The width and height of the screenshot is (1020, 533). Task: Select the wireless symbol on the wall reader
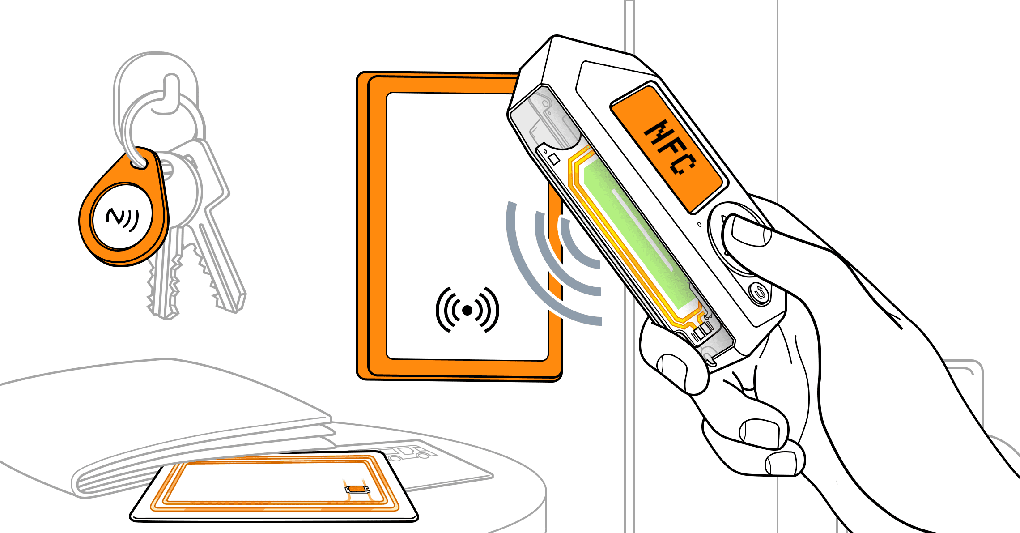(467, 310)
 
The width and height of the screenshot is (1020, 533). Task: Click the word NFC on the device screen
(670, 147)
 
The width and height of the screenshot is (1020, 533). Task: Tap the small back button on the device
(759, 294)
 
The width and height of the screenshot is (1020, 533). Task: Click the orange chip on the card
(357, 489)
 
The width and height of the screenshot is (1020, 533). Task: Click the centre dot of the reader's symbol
(467, 310)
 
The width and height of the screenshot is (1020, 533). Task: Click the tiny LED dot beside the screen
(700, 224)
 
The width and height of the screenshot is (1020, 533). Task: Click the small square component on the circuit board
(554, 159)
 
